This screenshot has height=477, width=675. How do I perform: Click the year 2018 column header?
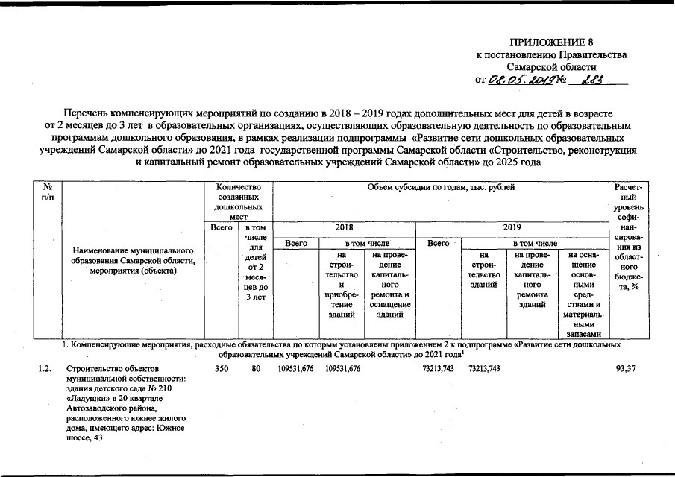[345, 226]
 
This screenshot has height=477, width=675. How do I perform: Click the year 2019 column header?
[512, 226]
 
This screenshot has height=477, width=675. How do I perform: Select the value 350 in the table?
[222, 369]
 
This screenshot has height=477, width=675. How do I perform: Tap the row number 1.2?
[45, 369]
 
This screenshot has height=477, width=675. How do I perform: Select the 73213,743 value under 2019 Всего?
[438, 369]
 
